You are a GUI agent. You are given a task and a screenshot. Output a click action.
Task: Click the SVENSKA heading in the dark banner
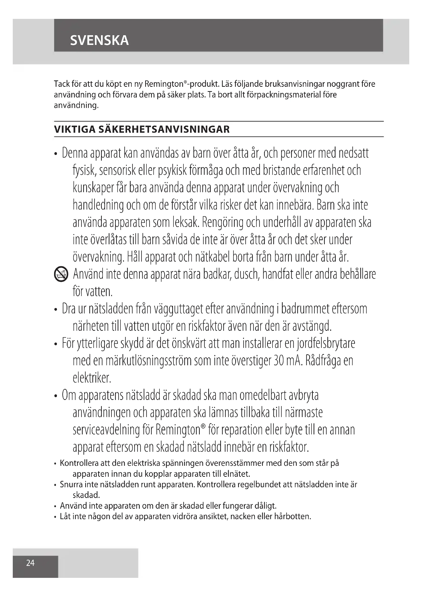click(99, 40)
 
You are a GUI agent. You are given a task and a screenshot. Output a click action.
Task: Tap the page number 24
click(30, 563)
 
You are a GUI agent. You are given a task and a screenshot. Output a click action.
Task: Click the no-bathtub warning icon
click(61, 274)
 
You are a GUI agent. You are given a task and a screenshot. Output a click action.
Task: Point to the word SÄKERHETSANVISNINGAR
click(164, 129)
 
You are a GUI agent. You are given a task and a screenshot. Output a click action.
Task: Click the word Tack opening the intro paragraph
click(62, 84)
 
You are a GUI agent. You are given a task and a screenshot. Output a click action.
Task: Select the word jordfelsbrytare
click(326, 344)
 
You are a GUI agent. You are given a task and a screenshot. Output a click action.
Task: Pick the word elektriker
click(92, 378)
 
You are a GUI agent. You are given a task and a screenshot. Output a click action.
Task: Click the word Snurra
click(71, 484)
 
